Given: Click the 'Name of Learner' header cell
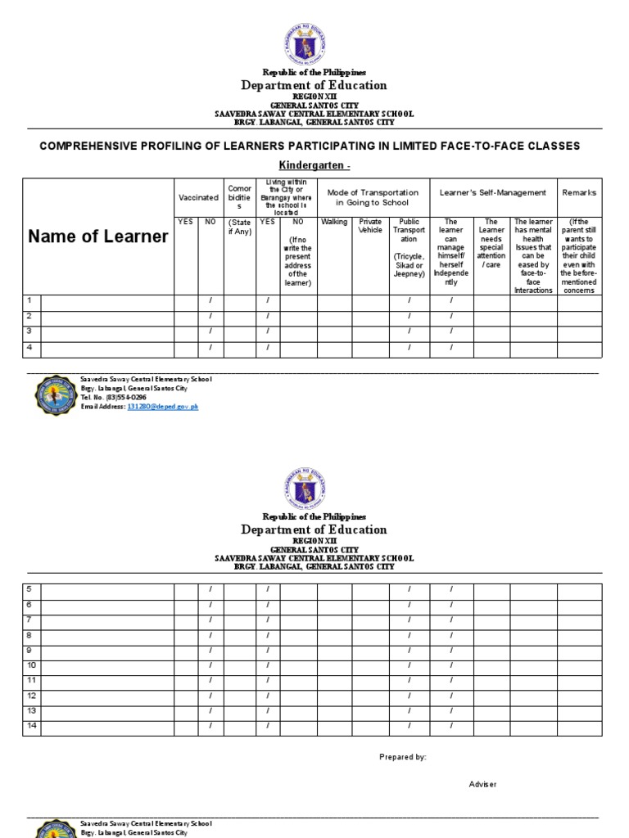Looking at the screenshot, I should pyautogui.click(x=98, y=237).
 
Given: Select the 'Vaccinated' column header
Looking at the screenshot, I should pyautogui.click(x=198, y=197).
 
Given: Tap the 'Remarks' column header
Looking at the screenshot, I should pyautogui.click(x=579, y=192).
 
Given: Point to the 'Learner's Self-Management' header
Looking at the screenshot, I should pyautogui.click(x=493, y=192).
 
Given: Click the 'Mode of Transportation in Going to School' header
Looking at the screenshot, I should pyautogui.click(x=373, y=197).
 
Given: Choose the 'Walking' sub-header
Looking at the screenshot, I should pyautogui.click(x=334, y=221).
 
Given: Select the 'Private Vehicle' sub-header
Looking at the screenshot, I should pyautogui.click(x=370, y=226).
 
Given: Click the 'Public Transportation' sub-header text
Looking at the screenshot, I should pyautogui.click(x=410, y=230).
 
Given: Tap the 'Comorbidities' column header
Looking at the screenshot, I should pyautogui.click(x=240, y=197).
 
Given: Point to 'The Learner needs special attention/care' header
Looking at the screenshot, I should pyautogui.click(x=491, y=243).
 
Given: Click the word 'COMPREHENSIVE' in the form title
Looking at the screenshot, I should pyautogui.click(x=90, y=146).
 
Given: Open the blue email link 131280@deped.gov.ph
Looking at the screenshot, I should pyautogui.click(x=162, y=406).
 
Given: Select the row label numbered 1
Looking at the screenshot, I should pyautogui.click(x=29, y=301).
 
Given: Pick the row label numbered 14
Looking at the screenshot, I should pyautogui.click(x=31, y=725).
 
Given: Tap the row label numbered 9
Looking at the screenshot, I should pyautogui.click(x=29, y=650).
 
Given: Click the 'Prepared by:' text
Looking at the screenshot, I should pyautogui.click(x=403, y=757).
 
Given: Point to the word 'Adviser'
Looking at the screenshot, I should pyautogui.click(x=482, y=784).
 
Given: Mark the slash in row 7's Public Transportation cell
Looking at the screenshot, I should pyautogui.click(x=410, y=619).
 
